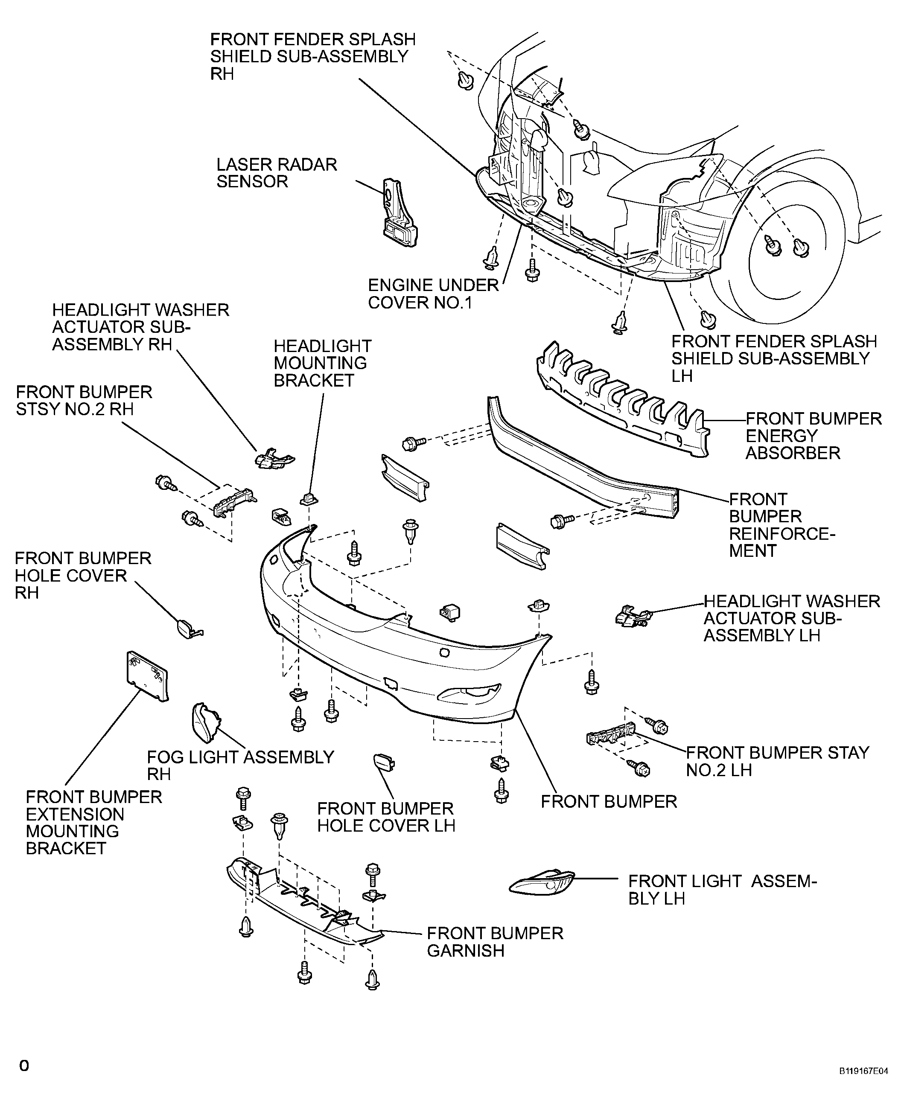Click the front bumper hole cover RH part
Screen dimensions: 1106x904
187,629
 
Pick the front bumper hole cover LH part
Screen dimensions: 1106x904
384,763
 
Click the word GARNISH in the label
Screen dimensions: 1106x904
465,950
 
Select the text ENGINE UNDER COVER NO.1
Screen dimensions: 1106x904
433,294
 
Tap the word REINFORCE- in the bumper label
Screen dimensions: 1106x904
782,533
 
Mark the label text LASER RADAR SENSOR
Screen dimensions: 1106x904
277,173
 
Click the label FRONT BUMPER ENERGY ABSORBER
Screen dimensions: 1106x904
813,436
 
